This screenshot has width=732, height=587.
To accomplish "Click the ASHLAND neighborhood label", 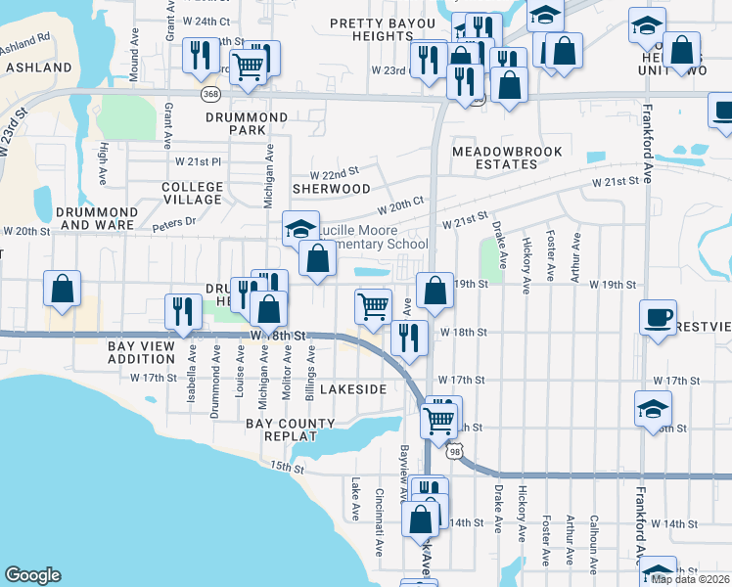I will [x=39, y=68].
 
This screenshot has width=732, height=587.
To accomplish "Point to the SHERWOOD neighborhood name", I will [x=333, y=188].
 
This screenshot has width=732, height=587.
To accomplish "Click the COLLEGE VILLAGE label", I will [x=192, y=193].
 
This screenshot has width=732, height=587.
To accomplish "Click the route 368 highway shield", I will [x=210, y=93].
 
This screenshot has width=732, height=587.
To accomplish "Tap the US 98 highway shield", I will [x=455, y=451].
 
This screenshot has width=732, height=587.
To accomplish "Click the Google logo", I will [x=32, y=575].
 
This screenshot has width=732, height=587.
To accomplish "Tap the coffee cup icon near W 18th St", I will [x=659, y=316].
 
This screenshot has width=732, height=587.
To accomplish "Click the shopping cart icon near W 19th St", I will [x=373, y=305].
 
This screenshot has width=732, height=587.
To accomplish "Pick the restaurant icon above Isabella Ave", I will [x=183, y=311].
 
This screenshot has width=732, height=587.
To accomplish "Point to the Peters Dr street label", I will [x=175, y=222].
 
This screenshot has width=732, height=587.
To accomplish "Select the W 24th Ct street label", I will [x=206, y=21].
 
